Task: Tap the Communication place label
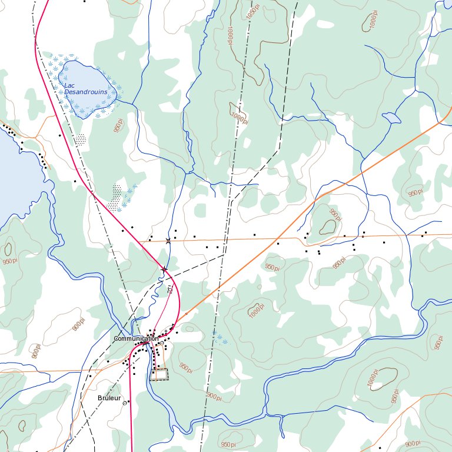[x=135, y=339]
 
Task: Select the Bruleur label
[x=109, y=398]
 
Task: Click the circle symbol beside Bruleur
[x=125, y=403]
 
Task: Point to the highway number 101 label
[x=170, y=290]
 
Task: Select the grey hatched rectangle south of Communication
[x=159, y=374]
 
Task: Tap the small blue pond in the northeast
[x=389, y=118]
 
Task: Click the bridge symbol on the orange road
[x=168, y=241]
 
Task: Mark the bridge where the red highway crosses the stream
[x=164, y=270]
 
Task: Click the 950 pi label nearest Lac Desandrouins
[x=119, y=125]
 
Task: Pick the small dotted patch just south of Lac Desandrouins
[x=81, y=139]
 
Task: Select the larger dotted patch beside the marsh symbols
[x=115, y=198]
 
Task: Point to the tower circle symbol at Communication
[x=162, y=343]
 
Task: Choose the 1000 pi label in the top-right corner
[x=373, y=22]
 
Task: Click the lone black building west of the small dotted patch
[x=59, y=135]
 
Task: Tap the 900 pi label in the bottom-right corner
[x=413, y=444]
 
